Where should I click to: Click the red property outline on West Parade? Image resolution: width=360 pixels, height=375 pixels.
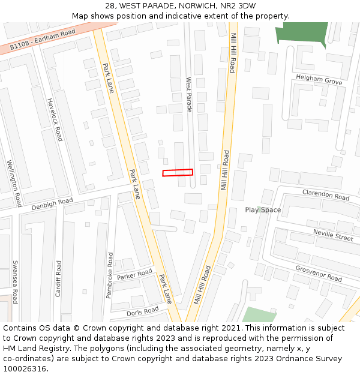[x=178, y=172]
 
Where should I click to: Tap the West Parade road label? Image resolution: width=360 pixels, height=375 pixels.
[x=188, y=94]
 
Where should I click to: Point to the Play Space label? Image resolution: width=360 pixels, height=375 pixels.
[x=263, y=209]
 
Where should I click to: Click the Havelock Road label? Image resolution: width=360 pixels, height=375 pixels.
[x=55, y=119]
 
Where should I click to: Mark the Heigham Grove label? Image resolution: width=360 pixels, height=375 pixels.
[x=319, y=80]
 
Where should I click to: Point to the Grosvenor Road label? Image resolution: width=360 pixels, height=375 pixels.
[x=319, y=274]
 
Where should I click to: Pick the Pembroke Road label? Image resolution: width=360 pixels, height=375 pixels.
[x=110, y=275]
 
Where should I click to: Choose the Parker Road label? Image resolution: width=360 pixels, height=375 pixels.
[x=135, y=275]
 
